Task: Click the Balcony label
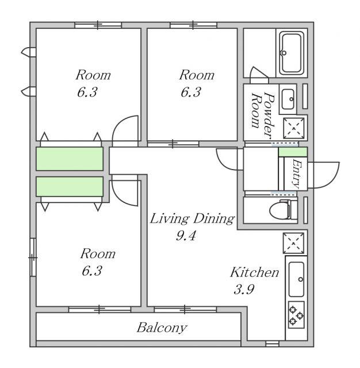click(162, 328)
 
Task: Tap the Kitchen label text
click(255, 272)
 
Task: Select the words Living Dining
click(192, 218)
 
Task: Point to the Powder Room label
click(263, 115)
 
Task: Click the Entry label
click(296, 174)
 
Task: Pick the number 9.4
click(186, 236)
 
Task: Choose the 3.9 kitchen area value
click(244, 289)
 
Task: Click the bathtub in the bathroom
click(292, 53)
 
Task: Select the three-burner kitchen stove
click(296, 315)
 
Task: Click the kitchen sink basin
click(296, 279)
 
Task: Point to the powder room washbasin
click(288, 99)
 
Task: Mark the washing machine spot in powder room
click(294, 128)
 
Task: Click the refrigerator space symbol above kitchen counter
click(294, 243)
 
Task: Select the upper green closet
click(70, 159)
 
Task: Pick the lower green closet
click(70, 186)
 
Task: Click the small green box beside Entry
click(293, 152)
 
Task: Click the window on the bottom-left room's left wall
click(33, 257)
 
